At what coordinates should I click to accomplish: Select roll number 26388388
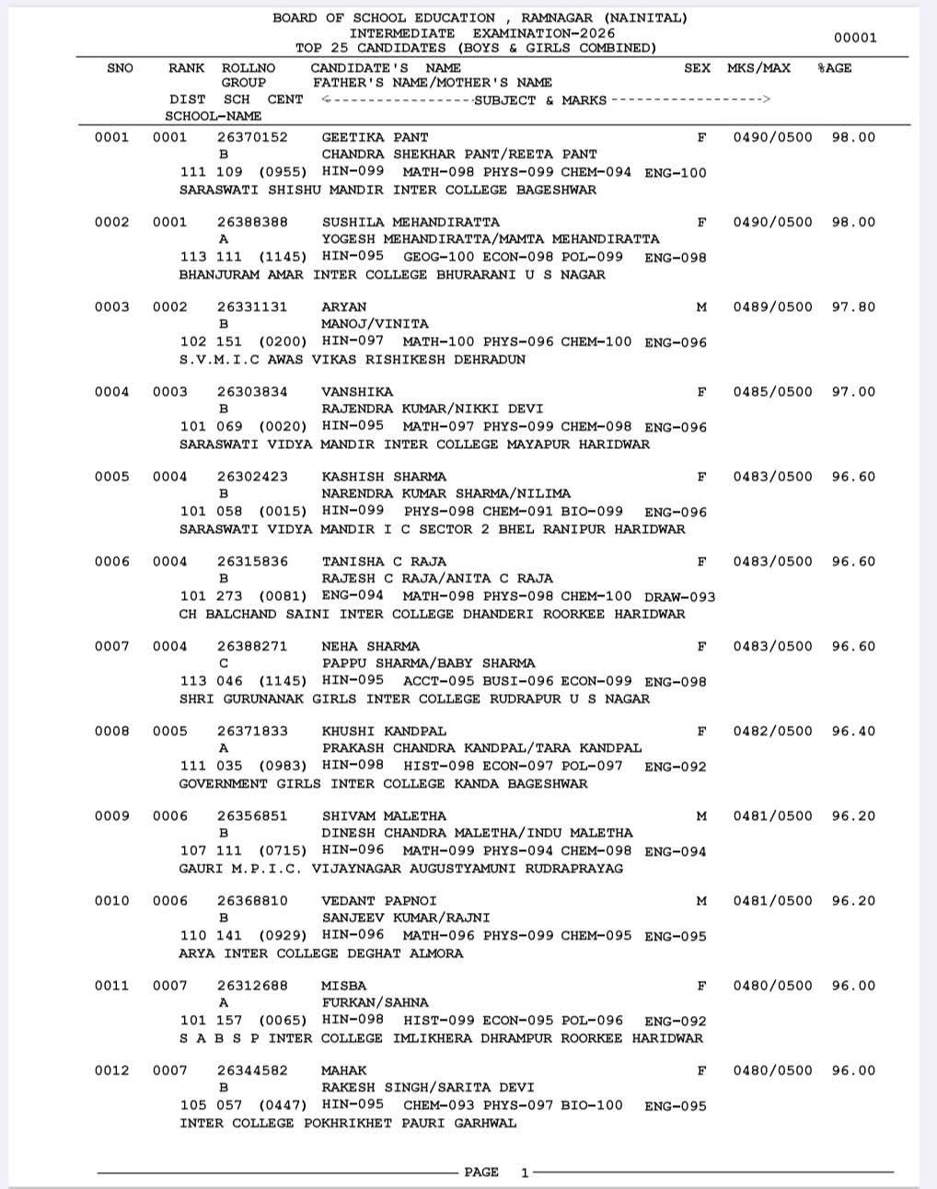252,222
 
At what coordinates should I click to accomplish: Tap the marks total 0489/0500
772,306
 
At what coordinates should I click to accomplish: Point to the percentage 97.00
853,391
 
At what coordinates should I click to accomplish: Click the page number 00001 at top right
855,38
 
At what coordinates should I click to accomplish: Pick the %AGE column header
834,68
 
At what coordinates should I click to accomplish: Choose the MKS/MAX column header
758,68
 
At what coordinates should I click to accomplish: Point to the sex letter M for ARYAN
701,306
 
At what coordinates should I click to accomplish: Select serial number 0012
111,1070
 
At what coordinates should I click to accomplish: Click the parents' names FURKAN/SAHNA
375,1002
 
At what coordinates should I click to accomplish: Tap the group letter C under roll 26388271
224,663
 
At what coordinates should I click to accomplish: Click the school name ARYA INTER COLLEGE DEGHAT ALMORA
321,953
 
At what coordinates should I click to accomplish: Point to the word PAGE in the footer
481,1172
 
